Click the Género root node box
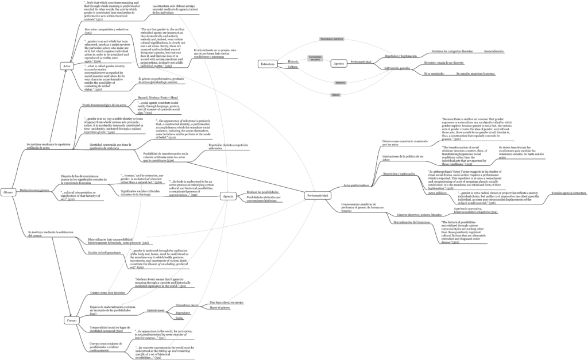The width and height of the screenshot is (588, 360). (8, 191)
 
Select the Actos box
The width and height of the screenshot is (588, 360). (67, 67)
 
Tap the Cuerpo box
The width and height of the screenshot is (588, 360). (71, 320)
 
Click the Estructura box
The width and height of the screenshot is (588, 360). (267, 64)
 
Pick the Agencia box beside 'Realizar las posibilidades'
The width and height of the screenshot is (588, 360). (227, 196)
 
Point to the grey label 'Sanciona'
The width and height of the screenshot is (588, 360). (340, 83)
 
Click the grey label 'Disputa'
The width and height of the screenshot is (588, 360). (336, 94)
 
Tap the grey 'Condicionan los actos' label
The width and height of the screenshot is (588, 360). (314, 59)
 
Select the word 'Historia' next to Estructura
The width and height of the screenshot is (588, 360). (293, 61)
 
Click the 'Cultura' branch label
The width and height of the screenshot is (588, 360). (293, 67)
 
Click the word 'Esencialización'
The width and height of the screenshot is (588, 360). (494, 51)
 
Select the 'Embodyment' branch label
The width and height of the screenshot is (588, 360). (156, 310)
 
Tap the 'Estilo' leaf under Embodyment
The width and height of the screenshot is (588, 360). (179, 318)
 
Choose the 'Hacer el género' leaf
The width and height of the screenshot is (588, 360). (219, 308)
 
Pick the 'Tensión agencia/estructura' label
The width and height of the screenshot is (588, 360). (568, 193)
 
